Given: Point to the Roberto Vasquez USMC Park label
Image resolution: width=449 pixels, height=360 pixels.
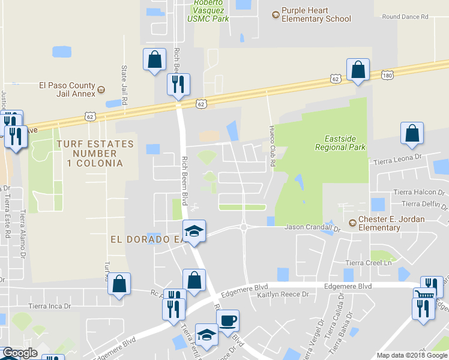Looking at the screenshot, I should point(208,11).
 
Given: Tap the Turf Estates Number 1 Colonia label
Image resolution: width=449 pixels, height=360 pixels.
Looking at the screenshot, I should point(95,153).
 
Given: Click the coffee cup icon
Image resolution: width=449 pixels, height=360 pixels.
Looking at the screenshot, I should point(228,320).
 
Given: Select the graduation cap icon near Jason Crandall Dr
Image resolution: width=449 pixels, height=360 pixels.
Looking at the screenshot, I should point(194,232).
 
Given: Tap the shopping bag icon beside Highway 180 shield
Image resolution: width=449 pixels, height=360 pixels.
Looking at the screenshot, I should point(358,70).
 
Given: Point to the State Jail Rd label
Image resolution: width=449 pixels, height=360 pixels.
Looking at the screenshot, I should point(125,86).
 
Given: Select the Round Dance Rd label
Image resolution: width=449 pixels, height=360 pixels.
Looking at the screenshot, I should point(405,17).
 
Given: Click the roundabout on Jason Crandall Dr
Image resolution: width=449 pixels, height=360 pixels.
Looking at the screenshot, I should point(244,227).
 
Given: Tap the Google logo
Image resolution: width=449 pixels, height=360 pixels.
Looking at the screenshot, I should point(20,353).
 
